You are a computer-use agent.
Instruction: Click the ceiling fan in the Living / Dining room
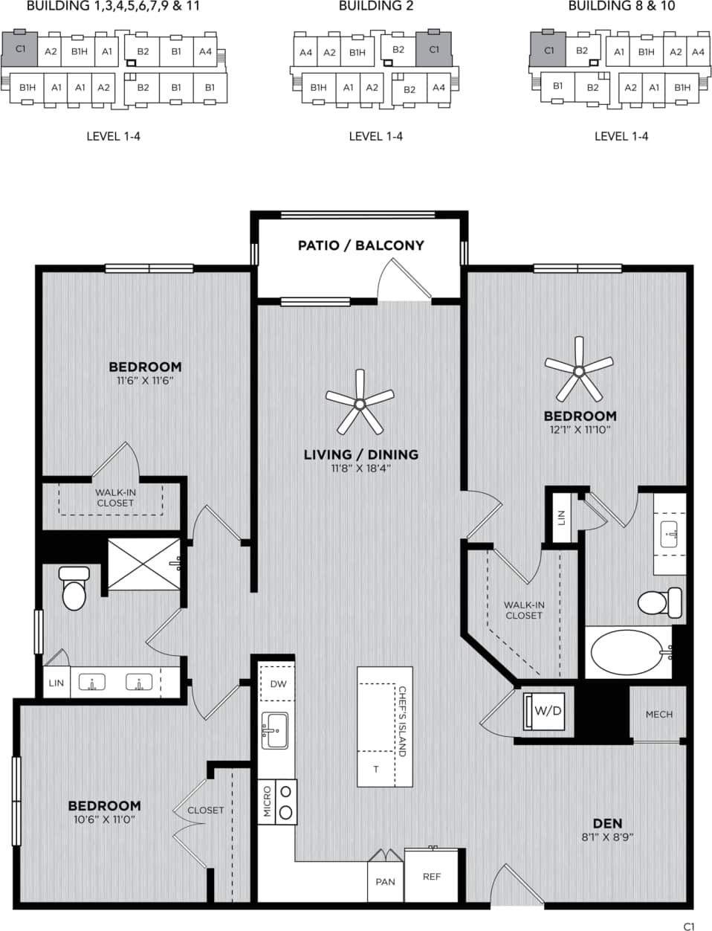[x=360, y=404]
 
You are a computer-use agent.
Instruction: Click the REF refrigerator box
[x=431, y=876]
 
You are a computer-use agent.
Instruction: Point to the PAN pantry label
[x=385, y=882]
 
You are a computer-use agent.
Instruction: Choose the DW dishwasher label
[x=278, y=684]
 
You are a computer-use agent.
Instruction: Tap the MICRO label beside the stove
[x=267, y=802]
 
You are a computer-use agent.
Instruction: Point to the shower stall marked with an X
[x=144, y=564]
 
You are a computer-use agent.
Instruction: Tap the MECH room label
[x=658, y=714]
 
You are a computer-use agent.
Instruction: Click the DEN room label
[x=607, y=823]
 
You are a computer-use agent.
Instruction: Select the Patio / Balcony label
[x=360, y=245]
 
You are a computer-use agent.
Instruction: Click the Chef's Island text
[x=402, y=721]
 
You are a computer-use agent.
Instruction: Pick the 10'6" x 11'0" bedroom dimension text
[x=104, y=819]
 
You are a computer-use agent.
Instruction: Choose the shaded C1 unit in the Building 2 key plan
[x=434, y=49]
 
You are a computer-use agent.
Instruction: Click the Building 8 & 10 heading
[x=621, y=7]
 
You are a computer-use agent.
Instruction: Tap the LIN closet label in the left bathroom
[x=56, y=683]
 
